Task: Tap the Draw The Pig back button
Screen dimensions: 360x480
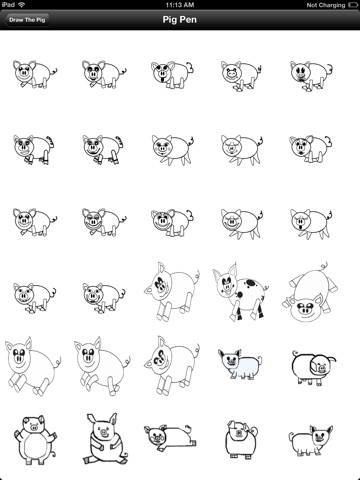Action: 27,20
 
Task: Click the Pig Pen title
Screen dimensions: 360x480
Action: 180,20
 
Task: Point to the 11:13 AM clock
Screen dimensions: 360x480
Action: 180,5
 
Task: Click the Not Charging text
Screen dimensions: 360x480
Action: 326,5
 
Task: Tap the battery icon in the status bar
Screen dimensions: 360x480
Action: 353,5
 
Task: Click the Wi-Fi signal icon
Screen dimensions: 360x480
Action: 21,5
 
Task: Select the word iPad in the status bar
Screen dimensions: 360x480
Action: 8,5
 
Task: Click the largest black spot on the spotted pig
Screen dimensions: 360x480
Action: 250,284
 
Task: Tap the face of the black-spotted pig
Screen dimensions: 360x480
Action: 228,283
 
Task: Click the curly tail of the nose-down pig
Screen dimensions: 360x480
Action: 324,267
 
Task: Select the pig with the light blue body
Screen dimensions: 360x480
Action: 240,364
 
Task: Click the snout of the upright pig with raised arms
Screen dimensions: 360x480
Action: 34,427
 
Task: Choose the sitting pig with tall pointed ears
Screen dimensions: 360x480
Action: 105,439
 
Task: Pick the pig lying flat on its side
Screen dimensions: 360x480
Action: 170,437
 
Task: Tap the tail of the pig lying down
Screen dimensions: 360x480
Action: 188,428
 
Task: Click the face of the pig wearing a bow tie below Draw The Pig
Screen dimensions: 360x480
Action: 23,72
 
